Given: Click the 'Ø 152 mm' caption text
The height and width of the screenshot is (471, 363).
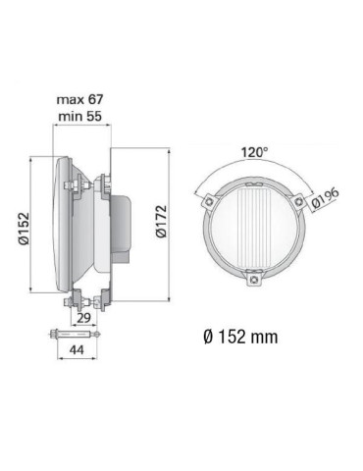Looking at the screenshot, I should [239, 337].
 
